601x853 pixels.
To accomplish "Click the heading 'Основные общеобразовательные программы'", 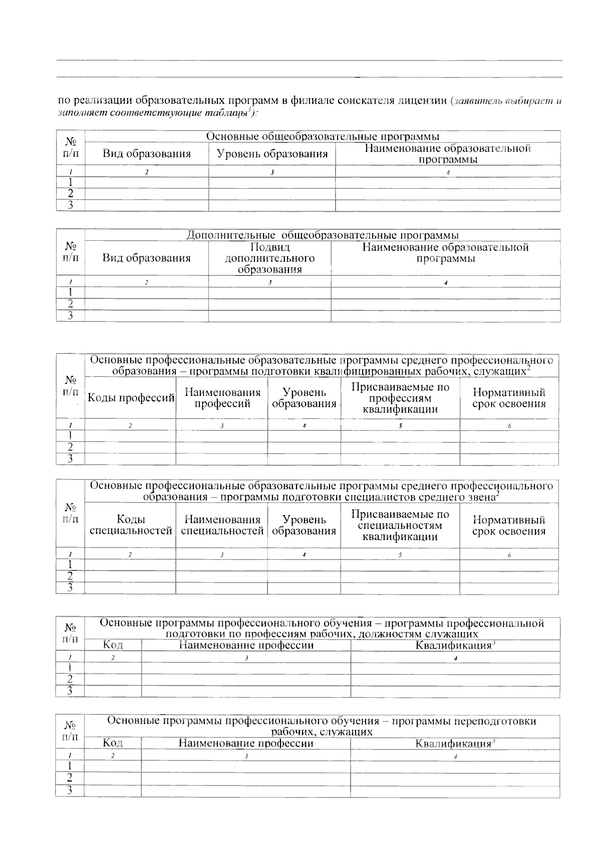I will (x=323, y=136).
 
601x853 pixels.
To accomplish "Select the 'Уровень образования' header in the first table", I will (x=272, y=154).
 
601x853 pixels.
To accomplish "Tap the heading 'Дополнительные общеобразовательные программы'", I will (x=323, y=235).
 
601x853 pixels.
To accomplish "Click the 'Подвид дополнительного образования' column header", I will (x=269, y=258).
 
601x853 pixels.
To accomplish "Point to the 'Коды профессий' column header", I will (x=131, y=398).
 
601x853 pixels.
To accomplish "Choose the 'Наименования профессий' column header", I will (x=222, y=398).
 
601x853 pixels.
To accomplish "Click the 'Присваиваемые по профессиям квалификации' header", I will (x=400, y=398).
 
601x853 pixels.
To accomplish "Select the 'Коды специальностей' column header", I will (x=131, y=525).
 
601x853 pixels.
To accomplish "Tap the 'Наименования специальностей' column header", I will (x=222, y=525).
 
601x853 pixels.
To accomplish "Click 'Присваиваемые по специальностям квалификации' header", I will (x=400, y=525).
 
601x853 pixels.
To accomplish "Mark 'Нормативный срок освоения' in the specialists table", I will (x=509, y=526).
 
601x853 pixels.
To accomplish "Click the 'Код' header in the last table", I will (x=113, y=743).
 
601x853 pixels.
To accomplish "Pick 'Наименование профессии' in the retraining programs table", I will (x=246, y=743).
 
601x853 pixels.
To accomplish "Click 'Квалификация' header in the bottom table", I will (x=454, y=743).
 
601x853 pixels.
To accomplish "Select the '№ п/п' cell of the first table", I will (x=71, y=148).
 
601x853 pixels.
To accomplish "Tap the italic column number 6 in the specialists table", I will (x=509, y=555).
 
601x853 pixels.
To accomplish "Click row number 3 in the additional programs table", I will (x=71, y=316).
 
